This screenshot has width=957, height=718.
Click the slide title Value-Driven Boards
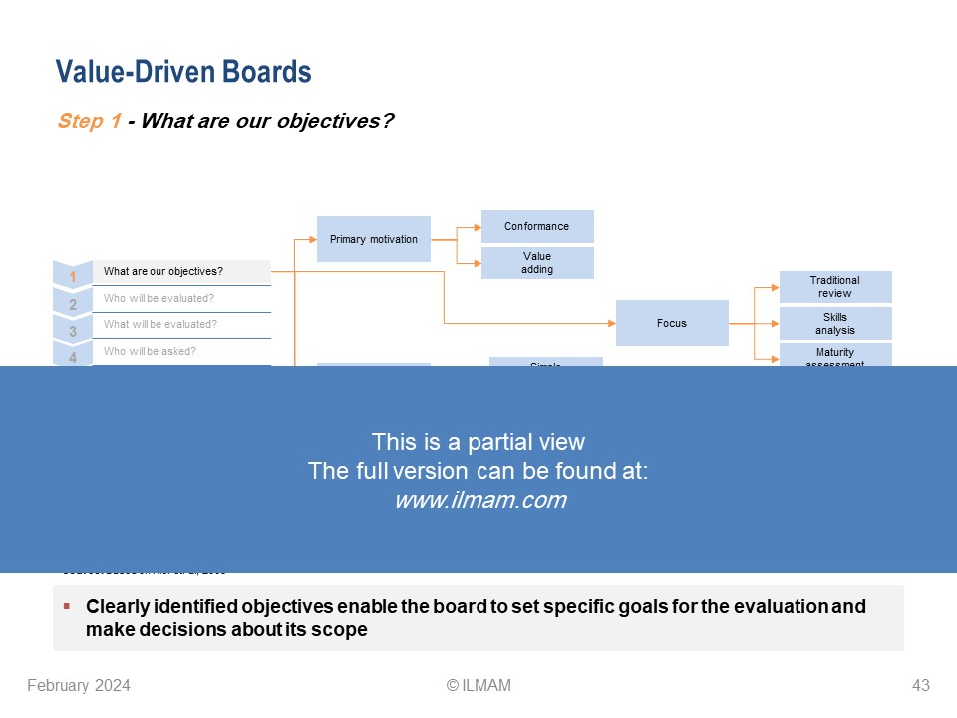pyautogui.click(x=183, y=72)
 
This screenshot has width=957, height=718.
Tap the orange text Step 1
pyautogui.click(x=90, y=121)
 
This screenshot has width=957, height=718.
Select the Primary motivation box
pyautogui.click(x=374, y=239)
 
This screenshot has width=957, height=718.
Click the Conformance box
pyautogui.click(x=537, y=226)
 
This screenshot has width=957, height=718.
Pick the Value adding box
pyautogui.click(x=537, y=263)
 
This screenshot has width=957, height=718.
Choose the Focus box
pyautogui.click(x=672, y=323)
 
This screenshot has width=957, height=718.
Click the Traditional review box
pyautogui.click(x=835, y=287)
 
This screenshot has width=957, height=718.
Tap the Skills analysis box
pyautogui.click(x=835, y=324)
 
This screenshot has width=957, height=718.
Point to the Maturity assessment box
pyautogui.click(x=835, y=355)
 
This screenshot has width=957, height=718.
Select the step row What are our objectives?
pyautogui.click(x=180, y=272)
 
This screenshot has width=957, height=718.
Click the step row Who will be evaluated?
pyautogui.click(x=180, y=298)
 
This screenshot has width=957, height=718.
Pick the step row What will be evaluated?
pyautogui.click(x=180, y=325)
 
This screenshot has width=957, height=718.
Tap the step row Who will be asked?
pyautogui.click(x=180, y=351)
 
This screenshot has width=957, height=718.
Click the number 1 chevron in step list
pyautogui.click(x=72, y=277)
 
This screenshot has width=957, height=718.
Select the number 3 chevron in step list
pyautogui.click(x=72, y=331)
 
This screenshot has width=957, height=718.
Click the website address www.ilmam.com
pyautogui.click(x=479, y=501)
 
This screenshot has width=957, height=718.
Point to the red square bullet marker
pyautogui.click(x=66, y=606)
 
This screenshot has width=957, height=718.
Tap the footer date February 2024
pyautogui.click(x=79, y=685)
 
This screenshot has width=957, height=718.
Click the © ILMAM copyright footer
pyautogui.click(x=478, y=685)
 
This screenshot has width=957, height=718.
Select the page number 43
pyautogui.click(x=920, y=685)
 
